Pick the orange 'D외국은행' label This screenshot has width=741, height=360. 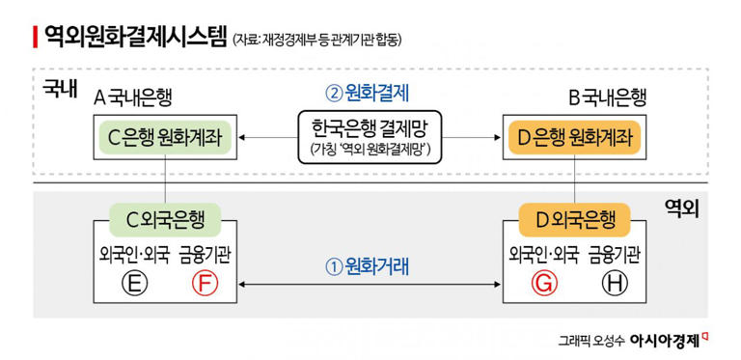575,219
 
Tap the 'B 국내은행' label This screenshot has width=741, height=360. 607,97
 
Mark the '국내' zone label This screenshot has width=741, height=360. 60,89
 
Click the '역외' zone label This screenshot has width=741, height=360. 681,208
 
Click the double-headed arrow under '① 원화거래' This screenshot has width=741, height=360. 370,284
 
